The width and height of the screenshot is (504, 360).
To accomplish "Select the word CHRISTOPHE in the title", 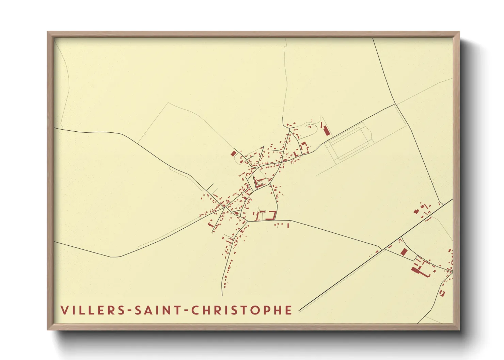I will coord(241,310).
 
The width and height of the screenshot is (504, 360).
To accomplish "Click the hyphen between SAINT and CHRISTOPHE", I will coord(186,311).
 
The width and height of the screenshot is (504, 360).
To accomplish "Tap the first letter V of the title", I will coord(64,310).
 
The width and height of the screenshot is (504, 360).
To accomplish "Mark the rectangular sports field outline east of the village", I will coord(348,143).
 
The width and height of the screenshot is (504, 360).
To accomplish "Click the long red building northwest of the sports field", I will coord(326,130).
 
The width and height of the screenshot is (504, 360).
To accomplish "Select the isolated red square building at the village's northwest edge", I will coord(233,153).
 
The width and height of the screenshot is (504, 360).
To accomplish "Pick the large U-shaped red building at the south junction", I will coord(272,215).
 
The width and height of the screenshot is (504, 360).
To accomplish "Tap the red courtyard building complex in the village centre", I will coord(259,183).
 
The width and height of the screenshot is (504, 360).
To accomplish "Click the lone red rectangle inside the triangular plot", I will coord(404,252).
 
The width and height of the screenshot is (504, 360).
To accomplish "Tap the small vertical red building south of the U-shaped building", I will coord(288,225).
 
